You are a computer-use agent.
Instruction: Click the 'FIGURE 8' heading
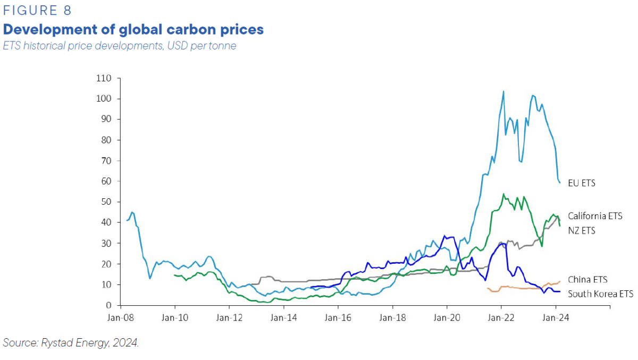click(x=37, y=11)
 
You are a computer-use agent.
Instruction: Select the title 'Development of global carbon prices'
click(x=133, y=29)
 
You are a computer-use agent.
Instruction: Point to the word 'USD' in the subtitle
click(x=179, y=46)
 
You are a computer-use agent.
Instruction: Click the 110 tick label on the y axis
click(x=104, y=78)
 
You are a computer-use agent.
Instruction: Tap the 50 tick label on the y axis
click(x=106, y=202)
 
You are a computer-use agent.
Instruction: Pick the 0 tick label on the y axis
click(x=108, y=305)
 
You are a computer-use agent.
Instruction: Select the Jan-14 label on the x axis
click(x=284, y=319)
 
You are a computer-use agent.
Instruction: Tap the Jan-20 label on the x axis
click(x=447, y=319)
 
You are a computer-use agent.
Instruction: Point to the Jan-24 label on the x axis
click(x=556, y=319)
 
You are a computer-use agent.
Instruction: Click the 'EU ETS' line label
click(x=582, y=183)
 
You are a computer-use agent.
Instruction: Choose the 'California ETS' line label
click(x=595, y=216)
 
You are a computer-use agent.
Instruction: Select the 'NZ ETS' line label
click(x=582, y=231)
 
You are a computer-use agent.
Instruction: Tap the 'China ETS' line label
click(x=587, y=280)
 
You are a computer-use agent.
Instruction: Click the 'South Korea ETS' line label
click(x=600, y=294)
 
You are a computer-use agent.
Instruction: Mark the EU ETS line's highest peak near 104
click(x=503, y=91)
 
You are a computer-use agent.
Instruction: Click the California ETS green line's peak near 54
click(x=503, y=194)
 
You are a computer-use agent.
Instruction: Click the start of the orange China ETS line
click(x=487, y=288)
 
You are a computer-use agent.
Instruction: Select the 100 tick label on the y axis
click(x=104, y=99)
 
